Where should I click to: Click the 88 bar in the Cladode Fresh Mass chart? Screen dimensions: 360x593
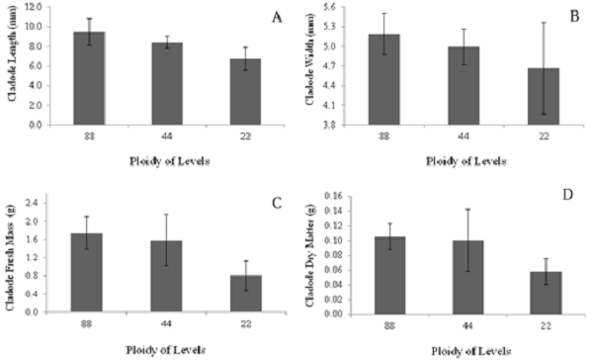94,272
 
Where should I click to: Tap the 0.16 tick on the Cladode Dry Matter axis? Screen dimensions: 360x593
337,197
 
